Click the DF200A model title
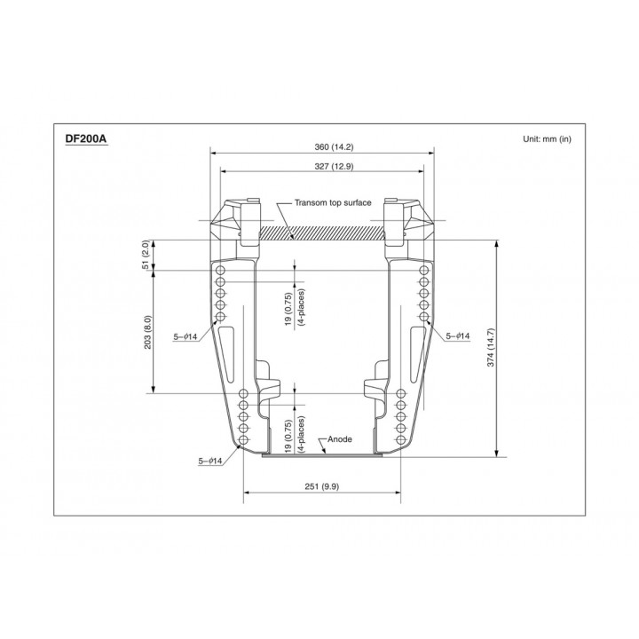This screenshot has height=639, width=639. click(86, 138)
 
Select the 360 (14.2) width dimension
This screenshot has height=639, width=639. click(334, 146)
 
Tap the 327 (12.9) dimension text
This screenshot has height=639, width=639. click(334, 166)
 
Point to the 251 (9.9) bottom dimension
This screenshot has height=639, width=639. click(321, 486)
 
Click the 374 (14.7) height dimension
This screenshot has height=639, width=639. click(490, 347)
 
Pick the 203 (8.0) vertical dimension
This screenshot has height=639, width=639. click(147, 332)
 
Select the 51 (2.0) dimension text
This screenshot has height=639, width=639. click(146, 255)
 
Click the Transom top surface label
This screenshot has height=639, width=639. click(333, 202)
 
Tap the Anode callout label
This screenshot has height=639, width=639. click(339, 439)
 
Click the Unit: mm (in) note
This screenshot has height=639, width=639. click(547, 139)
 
